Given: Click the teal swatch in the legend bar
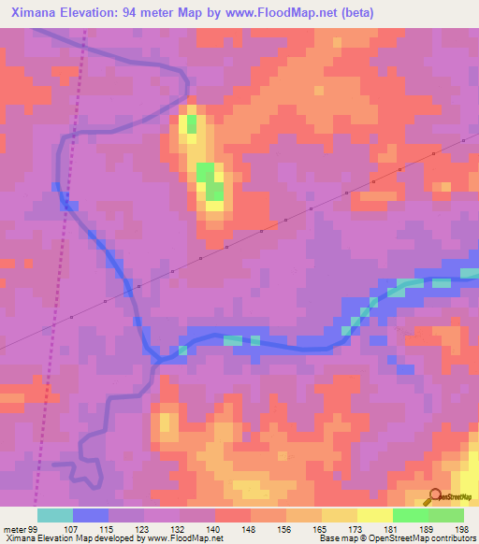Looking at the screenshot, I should pos(55,515).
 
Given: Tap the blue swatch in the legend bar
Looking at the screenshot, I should pos(91,515).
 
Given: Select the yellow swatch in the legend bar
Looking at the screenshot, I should pos(375,515).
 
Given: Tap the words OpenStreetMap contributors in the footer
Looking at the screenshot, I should pos(431,538).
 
